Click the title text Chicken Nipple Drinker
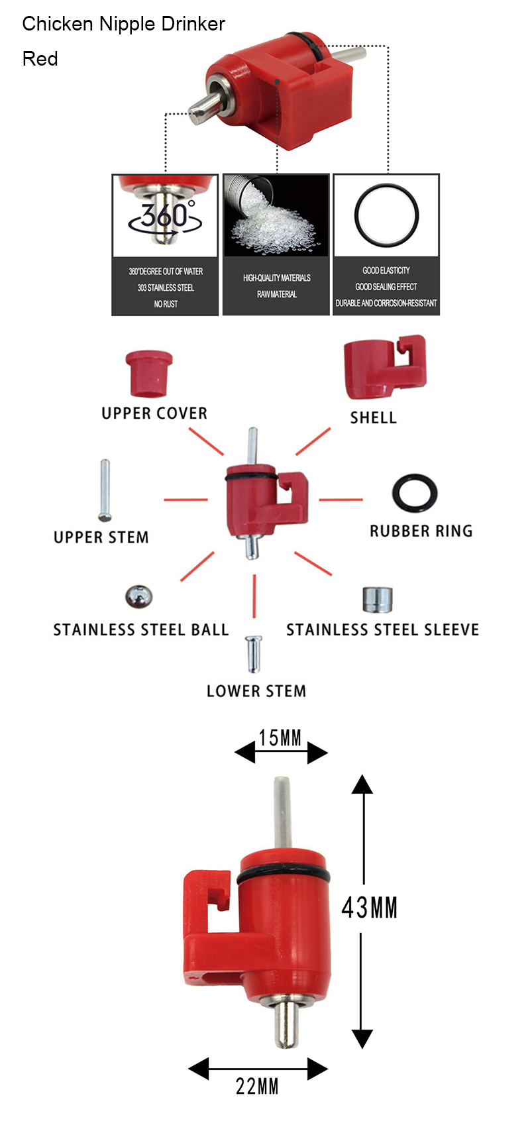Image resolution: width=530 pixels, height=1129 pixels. (124, 24)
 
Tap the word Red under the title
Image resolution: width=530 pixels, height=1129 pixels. (40, 58)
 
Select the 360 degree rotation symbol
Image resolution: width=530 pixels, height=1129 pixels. (165, 217)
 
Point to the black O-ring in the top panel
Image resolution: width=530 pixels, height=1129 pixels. (386, 215)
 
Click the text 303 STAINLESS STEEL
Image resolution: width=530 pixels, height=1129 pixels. (166, 288)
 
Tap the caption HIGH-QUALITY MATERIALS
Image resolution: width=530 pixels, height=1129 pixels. (276, 278)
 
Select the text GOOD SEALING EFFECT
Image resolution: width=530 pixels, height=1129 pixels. (386, 287)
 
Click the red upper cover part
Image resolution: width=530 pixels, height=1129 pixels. (148, 373)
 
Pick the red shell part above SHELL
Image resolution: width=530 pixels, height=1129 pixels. (384, 367)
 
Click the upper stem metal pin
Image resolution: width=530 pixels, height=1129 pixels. (105, 490)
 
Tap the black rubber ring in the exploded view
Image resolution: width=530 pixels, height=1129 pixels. (415, 492)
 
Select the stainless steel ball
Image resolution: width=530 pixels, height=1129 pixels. (139, 596)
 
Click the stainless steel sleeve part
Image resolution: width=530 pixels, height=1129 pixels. (377, 600)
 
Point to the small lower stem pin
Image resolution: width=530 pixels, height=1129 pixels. (253, 653)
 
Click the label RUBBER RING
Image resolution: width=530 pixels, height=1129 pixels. (421, 531)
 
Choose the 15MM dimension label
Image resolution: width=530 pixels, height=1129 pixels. (280, 737)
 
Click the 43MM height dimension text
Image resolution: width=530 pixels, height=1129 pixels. (369, 907)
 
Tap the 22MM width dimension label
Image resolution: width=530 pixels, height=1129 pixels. (257, 1087)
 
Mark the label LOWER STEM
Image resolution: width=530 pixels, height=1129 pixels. (256, 691)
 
